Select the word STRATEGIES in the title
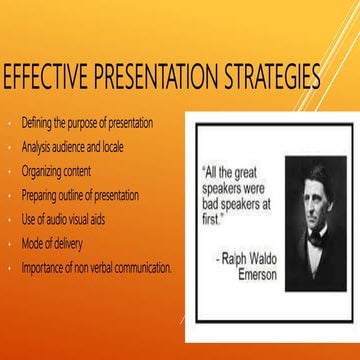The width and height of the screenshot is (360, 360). coord(265,79)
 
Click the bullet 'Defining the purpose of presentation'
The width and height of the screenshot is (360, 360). coord(86,123)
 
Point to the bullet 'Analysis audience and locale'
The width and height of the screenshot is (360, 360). coord(72,147)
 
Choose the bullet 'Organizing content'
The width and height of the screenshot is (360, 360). coord(56,171)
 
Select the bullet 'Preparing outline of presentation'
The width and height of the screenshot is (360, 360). coord(80,195)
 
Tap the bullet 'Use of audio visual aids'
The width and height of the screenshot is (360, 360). coord(65,219)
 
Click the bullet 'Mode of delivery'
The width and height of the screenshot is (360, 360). coord(52,243)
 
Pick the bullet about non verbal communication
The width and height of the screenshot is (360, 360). coord(96,267)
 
